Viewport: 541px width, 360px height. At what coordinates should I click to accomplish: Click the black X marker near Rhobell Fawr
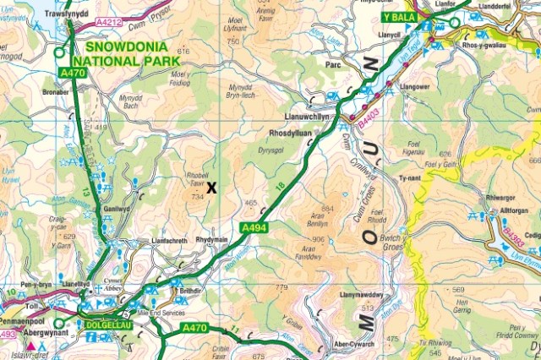coord(211,188)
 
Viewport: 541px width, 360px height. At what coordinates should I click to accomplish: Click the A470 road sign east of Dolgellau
coord(194,328)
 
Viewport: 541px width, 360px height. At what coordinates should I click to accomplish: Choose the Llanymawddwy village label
coord(362,295)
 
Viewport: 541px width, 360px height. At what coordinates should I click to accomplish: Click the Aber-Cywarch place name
coord(354,345)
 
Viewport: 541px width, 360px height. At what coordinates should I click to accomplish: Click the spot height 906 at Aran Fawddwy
coord(319,239)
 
